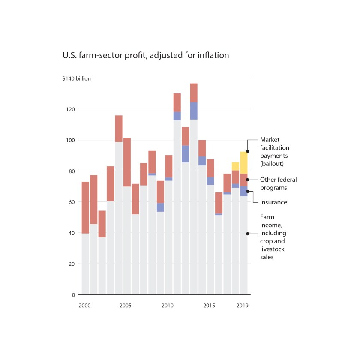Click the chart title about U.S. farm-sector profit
tap(146, 55)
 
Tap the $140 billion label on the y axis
tap(77, 78)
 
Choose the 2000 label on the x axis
tap(85, 306)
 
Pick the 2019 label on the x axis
tap(243, 306)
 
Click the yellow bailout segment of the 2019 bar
tap(243, 162)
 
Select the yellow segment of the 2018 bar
tap(235, 166)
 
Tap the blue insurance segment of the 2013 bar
tap(194, 111)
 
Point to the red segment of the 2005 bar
tap(127, 162)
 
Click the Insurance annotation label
tap(273, 202)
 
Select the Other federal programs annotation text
tap(278, 183)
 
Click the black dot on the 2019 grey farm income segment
tap(248, 234)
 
